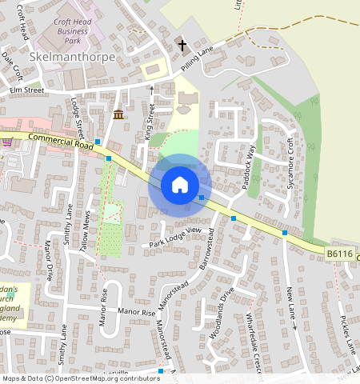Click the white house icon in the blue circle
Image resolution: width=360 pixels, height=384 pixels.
tap(180, 185)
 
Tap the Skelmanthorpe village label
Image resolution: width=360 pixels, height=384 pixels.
tap(71, 58)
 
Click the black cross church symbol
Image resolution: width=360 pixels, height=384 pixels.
tap(182, 45)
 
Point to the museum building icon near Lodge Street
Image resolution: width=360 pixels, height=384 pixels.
tap(119, 114)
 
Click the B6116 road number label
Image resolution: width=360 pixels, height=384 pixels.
tap(339, 254)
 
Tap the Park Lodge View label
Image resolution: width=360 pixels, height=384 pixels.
tap(173, 236)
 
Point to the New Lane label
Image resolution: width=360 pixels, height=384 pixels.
tap(291, 308)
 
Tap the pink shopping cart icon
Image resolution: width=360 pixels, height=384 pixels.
tap(7, 144)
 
